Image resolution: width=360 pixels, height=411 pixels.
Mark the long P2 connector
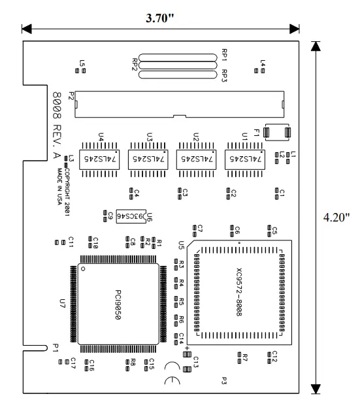click(x=180, y=103)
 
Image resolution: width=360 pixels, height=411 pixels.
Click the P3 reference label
click(x=224, y=380)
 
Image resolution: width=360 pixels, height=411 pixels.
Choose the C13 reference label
click(x=195, y=361)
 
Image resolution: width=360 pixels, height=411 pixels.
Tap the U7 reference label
click(x=63, y=303)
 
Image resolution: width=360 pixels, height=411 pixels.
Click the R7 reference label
click(x=246, y=357)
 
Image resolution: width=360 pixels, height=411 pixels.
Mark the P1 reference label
click(x=56, y=350)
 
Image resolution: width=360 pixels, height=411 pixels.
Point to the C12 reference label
click(x=275, y=355)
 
